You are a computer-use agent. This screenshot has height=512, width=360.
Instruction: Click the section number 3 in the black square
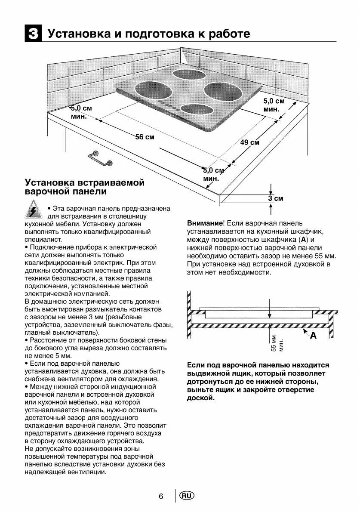pyautogui.click(x=33, y=34)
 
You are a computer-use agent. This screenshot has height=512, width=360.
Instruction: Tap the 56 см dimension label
pyautogui.click(x=145, y=137)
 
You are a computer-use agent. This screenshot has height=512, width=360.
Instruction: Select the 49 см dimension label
pyautogui.click(x=249, y=142)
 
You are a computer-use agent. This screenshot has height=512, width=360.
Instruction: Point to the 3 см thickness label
pyautogui.click(x=276, y=198)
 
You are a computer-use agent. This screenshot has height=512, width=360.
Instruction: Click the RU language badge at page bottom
pyautogui.click(x=187, y=496)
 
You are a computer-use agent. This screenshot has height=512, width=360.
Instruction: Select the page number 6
pyautogui.click(x=161, y=496)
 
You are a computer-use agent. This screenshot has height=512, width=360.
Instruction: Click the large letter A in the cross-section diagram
pyautogui.click(x=313, y=336)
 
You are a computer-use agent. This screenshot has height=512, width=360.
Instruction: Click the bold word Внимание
pyautogui.click(x=205, y=223)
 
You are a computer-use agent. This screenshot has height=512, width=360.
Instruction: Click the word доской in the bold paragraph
pyautogui.click(x=200, y=398)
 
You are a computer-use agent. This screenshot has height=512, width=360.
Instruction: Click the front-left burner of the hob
pyautogui.click(x=154, y=91)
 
